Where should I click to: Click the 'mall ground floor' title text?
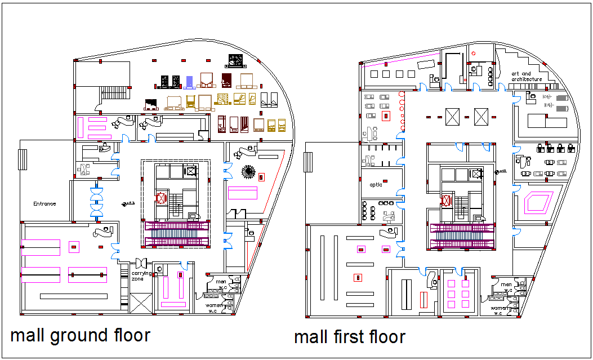click(81, 336)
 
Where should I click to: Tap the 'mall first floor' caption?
click(349, 337)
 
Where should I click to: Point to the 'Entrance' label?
click(44, 203)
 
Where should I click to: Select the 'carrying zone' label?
click(141, 276)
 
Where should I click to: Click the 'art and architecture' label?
click(527, 77)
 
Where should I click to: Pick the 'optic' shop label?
click(376, 185)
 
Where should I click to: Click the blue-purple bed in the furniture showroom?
click(190, 82)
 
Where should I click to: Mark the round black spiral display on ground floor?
click(248, 171)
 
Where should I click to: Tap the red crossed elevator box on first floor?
click(447, 201)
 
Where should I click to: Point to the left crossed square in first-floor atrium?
click(453, 117)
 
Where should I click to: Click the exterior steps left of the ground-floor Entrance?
click(22, 159)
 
